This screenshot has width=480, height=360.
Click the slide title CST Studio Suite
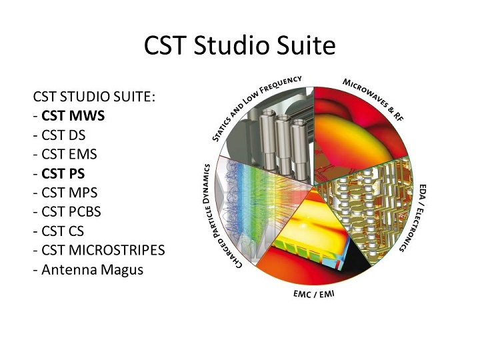(239, 45)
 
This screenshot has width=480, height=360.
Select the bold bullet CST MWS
(73, 115)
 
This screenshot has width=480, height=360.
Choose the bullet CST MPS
(69, 193)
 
